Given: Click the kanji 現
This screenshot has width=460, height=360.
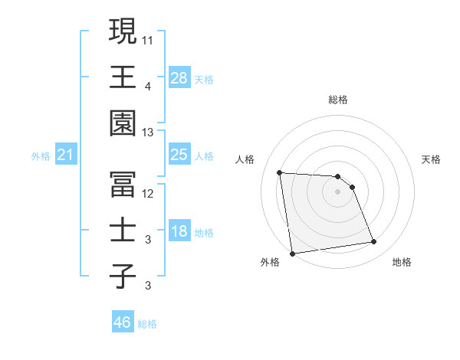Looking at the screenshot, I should pyautogui.click(x=123, y=31).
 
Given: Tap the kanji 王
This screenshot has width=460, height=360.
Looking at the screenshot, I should pyautogui.click(x=123, y=77).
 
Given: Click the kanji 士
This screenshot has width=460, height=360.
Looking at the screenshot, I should pyautogui.click(x=123, y=231).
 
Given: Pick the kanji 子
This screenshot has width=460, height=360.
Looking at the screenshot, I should pyautogui.click(x=123, y=277).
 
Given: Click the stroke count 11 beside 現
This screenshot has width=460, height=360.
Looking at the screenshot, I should pyautogui.click(x=148, y=39).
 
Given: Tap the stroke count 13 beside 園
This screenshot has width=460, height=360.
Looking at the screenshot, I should pyautogui.click(x=148, y=133).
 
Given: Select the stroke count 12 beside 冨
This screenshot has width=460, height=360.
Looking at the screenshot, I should pyautogui.click(x=148, y=194).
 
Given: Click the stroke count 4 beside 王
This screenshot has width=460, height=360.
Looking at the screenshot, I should pyautogui.click(x=148, y=87).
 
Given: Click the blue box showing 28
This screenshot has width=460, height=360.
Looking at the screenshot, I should pyautogui.click(x=179, y=78).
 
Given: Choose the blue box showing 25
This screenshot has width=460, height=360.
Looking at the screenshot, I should pyautogui.click(x=179, y=155).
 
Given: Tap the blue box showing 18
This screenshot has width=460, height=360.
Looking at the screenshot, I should pyautogui.click(x=179, y=232).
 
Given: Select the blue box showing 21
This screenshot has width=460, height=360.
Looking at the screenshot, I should pyautogui.click(x=65, y=155).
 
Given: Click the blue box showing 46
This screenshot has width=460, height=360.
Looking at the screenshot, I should pyautogui.click(x=122, y=322).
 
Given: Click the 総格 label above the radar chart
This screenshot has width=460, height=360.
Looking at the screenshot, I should pyautogui.click(x=338, y=100).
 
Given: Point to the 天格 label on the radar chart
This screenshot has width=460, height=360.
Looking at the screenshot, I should pyautogui.click(x=432, y=159).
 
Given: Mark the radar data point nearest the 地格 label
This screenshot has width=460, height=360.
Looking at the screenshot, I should pyautogui.click(x=374, y=242).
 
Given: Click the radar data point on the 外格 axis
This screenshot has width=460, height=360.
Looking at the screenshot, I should pyautogui.click(x=292, y=253).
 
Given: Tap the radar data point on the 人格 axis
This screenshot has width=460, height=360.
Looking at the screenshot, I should pyautogui.click(x=280, y=172).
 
